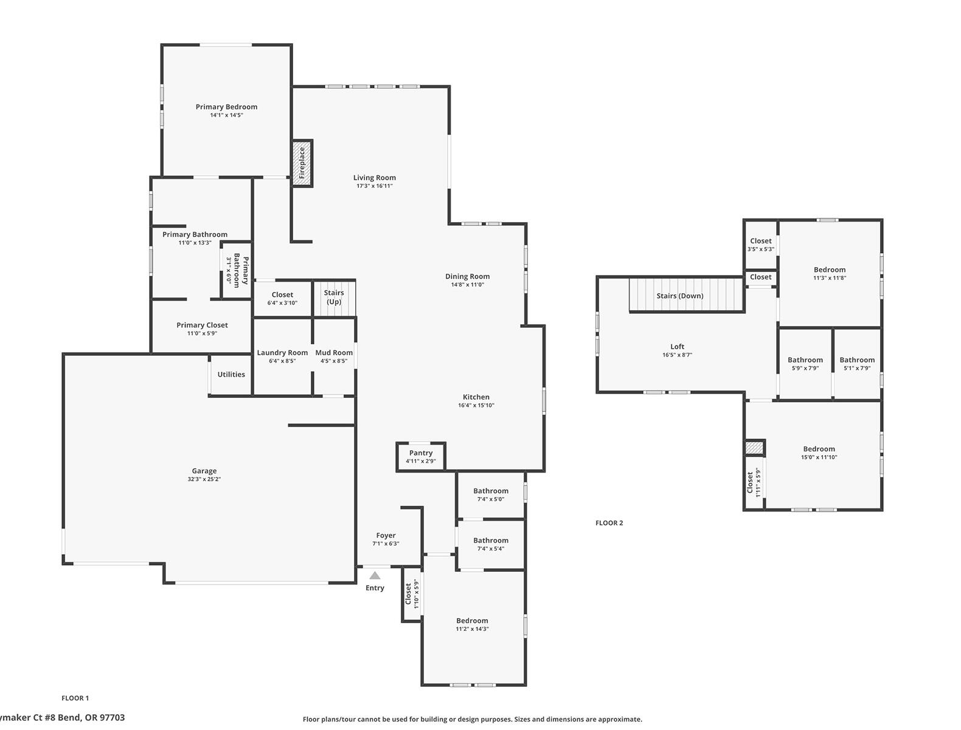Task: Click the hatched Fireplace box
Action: point(302,163)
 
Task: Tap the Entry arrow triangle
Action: point(375,575)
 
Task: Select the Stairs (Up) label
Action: point(334,297)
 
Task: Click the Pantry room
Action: point(421,456)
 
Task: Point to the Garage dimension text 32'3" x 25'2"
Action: point(204,479)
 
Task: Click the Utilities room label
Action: point(231,375)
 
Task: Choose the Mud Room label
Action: point(334,353)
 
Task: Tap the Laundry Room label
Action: point(282,353)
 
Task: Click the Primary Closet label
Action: point(202,325)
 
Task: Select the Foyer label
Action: point(386,536)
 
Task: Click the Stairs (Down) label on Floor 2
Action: point(679,296)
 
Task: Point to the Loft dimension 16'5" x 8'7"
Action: point(677,355)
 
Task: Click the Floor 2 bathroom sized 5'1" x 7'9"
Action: point(857,364)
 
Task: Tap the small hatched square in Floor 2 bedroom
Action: point(754,448)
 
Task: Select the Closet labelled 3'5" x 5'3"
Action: point(760,245)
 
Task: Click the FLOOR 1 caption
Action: point(75,698)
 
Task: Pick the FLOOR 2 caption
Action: point(609,523)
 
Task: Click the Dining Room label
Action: point(467,277)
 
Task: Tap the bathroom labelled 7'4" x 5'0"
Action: point(490,495)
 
